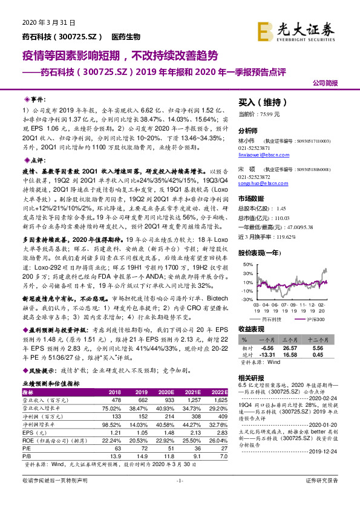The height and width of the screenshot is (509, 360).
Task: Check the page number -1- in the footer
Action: [x=179, y=498]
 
